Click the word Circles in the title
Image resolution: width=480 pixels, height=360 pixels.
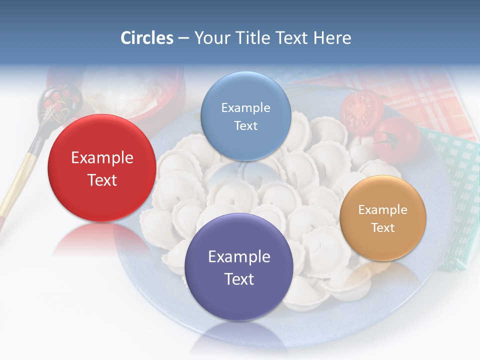146,38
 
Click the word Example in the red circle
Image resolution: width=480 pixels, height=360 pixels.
102,158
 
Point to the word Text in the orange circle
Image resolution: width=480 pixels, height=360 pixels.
383,228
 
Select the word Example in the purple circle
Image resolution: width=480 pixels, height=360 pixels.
239,257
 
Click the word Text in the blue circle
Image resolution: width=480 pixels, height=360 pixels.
245,126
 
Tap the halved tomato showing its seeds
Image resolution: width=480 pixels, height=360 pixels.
360,111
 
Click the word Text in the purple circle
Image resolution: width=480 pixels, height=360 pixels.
239,279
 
